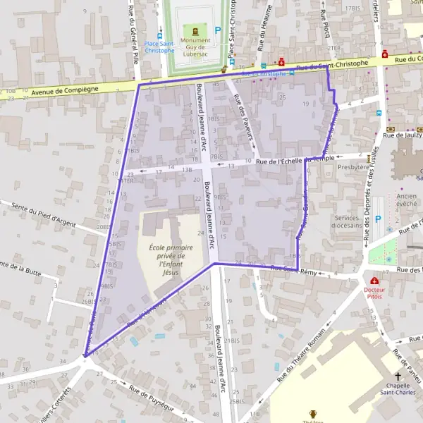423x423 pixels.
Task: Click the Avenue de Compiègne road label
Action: pyautogui.click(x=63, y=91)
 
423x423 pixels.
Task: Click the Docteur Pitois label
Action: pyautogui.click(x=374, y=293)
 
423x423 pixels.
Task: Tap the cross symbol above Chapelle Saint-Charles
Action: pyautogui.click(x=398, y=378)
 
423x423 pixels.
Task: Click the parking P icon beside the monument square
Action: pyautogui.click(x=218, y=30)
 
